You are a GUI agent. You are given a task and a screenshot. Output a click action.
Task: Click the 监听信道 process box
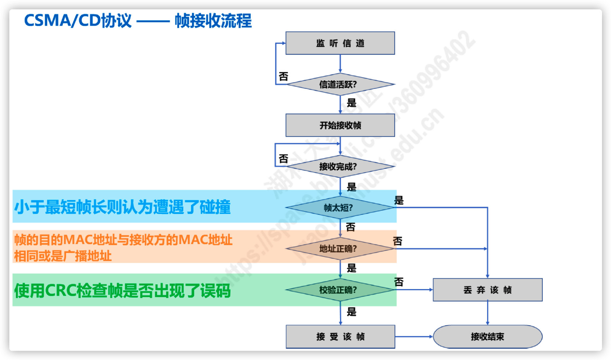(x=340, y=43)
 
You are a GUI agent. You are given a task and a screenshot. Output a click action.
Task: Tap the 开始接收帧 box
(x=340, y=125)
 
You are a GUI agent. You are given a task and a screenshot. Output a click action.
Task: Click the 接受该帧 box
(x=340, y=337)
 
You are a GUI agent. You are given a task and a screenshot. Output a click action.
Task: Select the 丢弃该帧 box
(x=487, y=290)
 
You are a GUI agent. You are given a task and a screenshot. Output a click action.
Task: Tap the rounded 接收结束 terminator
(x=487, y=337)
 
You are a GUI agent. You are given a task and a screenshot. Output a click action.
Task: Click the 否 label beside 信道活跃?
(x=284, y=77)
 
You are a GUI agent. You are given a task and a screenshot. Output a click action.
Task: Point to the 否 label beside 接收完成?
(x=284, y=159)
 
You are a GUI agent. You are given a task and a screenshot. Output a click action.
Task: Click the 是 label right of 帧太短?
(x=399, y=200)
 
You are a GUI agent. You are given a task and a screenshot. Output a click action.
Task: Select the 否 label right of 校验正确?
(x=399, y=282)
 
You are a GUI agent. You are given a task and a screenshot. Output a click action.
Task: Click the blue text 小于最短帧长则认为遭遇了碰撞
(x=122, y=207)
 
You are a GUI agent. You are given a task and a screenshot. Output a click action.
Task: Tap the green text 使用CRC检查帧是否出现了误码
(x=122, y=290)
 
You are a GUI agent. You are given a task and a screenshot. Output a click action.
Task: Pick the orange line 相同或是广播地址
(x=63, y=256)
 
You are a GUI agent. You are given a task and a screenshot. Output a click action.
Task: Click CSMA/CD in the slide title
(x=62, y=21)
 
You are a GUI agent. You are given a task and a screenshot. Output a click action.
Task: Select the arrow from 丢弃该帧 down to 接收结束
(x=487, y=313)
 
